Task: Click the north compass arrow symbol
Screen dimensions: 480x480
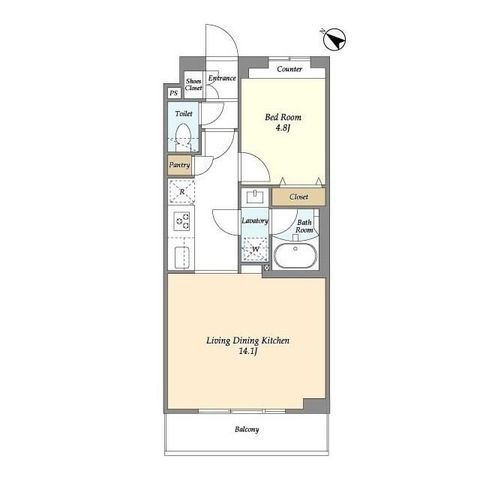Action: (335, 39)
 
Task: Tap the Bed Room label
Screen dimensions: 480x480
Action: (283, 117)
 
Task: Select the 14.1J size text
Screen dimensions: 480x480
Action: (247, 351)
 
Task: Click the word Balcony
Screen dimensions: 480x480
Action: (247, 429)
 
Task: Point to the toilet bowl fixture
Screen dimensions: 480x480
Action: (183, 136)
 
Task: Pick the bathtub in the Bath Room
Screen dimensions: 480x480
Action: (295, 256)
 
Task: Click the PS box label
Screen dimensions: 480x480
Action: (173, 93)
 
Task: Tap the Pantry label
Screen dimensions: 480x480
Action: (179, 165)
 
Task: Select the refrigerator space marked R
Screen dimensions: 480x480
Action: (182, 192)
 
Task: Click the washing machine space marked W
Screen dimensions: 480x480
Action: (255, 249)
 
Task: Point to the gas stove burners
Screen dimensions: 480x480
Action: (182, 221)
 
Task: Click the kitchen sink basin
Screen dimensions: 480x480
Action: (182, 257)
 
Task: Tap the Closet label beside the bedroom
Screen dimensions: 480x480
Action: (299, 197)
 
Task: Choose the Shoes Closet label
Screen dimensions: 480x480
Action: (194, 85)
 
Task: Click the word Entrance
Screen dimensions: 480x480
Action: (222, 78)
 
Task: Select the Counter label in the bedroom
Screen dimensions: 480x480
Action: (289, 69)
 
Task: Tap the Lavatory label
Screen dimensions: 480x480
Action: (255, 221)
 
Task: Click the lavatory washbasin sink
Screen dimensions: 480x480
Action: (255, 196)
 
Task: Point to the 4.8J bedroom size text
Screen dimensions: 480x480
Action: (282, 127)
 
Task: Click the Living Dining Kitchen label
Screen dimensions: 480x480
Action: (248, 341)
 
